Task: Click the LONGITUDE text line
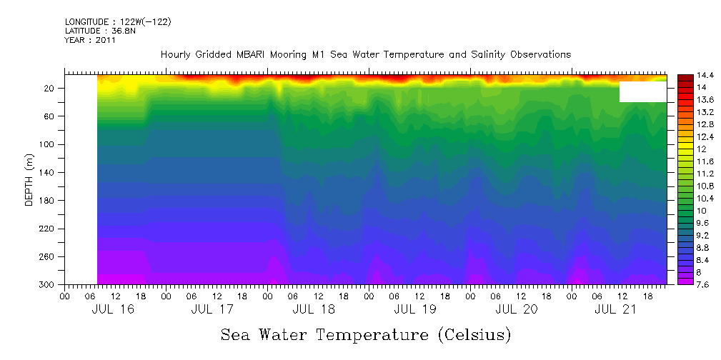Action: tap(118, 22)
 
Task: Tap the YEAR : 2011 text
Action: tap(90, 40)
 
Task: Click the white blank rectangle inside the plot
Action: tap(643, 91)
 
